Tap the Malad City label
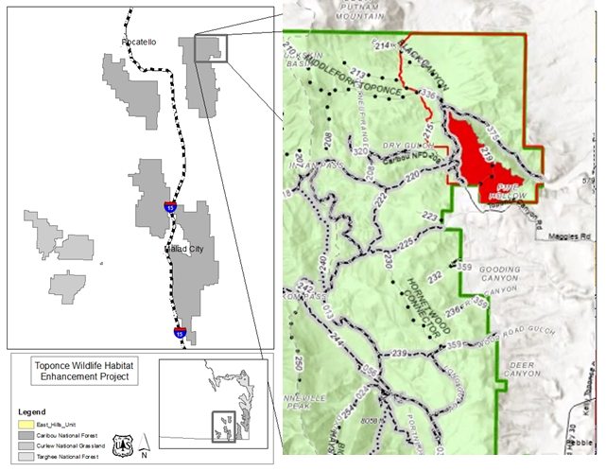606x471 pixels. click(181, 249)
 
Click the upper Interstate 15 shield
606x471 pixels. click(170, 206)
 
